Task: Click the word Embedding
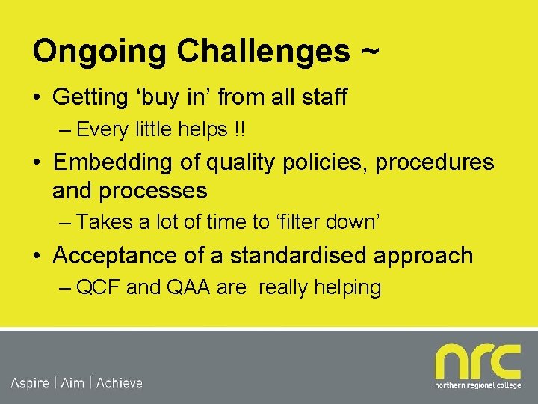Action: point(118,162)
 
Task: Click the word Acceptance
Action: point(120,255)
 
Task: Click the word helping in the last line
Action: point(347,287)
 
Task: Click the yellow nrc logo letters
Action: point(477,362)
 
